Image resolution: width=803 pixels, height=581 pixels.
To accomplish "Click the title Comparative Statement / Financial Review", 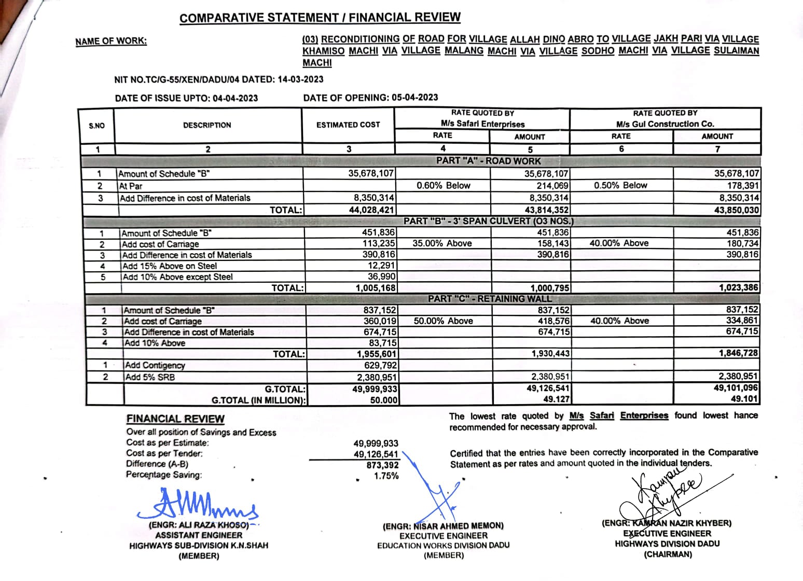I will [320, 18].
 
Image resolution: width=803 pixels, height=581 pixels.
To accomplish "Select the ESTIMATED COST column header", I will [348, 125].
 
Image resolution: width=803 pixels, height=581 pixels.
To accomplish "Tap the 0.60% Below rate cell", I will [443, 186].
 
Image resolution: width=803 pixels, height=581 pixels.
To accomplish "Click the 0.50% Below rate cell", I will [620, 186].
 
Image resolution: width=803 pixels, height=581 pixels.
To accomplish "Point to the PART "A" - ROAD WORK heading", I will [488, 161].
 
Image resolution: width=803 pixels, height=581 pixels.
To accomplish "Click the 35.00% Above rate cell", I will [442, 243].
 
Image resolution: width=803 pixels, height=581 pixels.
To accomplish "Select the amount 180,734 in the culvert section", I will [743, 243].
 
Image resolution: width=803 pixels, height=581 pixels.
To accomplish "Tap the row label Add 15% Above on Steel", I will [170, 266].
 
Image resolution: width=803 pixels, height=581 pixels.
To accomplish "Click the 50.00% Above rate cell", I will [443, 321].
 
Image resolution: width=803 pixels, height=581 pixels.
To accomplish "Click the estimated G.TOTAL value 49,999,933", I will [375, 389].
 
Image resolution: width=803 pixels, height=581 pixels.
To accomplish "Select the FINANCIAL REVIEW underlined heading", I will [175, 419].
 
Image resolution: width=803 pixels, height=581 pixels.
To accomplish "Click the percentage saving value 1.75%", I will [386, 476].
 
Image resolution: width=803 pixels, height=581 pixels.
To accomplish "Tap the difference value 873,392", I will [382, 465].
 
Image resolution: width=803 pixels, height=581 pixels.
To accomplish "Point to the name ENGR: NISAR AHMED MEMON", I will [443, 526].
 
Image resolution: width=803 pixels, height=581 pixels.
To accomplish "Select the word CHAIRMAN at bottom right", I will [668, 555].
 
